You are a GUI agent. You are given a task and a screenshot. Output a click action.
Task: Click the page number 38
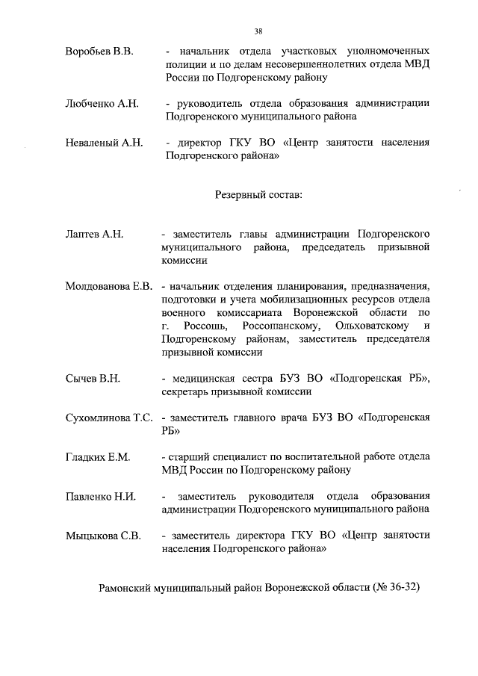click(x=258, y=31)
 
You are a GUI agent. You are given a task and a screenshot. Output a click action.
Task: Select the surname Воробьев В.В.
click(x=99, y=51)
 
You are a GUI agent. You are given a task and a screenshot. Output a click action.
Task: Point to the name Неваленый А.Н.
click(x=104, y=142)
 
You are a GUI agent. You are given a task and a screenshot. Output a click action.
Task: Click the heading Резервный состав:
click(x=258, y=194)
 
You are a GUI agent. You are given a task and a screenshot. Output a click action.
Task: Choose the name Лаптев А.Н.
click(x=93, y=235)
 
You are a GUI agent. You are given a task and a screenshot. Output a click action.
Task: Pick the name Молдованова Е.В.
click(x=108, y=286)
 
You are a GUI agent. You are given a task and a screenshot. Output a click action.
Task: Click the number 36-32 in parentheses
click(x=401, y=587)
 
